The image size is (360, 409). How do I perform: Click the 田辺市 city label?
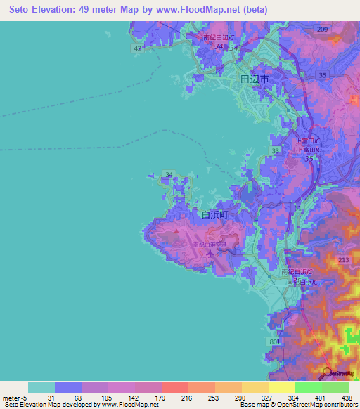(x=254, y=80)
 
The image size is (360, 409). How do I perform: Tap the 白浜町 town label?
(x=215, y=215)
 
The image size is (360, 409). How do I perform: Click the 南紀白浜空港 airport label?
(x=210, y=244)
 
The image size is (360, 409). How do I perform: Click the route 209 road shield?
(x=322, y=29)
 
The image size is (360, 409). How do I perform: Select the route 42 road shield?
(x=138, y=48)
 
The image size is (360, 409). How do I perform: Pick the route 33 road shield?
(x=275, y=150)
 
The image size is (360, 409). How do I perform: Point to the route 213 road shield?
(x=344, y=260)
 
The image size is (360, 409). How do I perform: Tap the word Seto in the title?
(x=18, y=10)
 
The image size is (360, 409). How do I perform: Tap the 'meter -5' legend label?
(x=13, y=398)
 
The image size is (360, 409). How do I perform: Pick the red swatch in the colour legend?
(x=174, y=387)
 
